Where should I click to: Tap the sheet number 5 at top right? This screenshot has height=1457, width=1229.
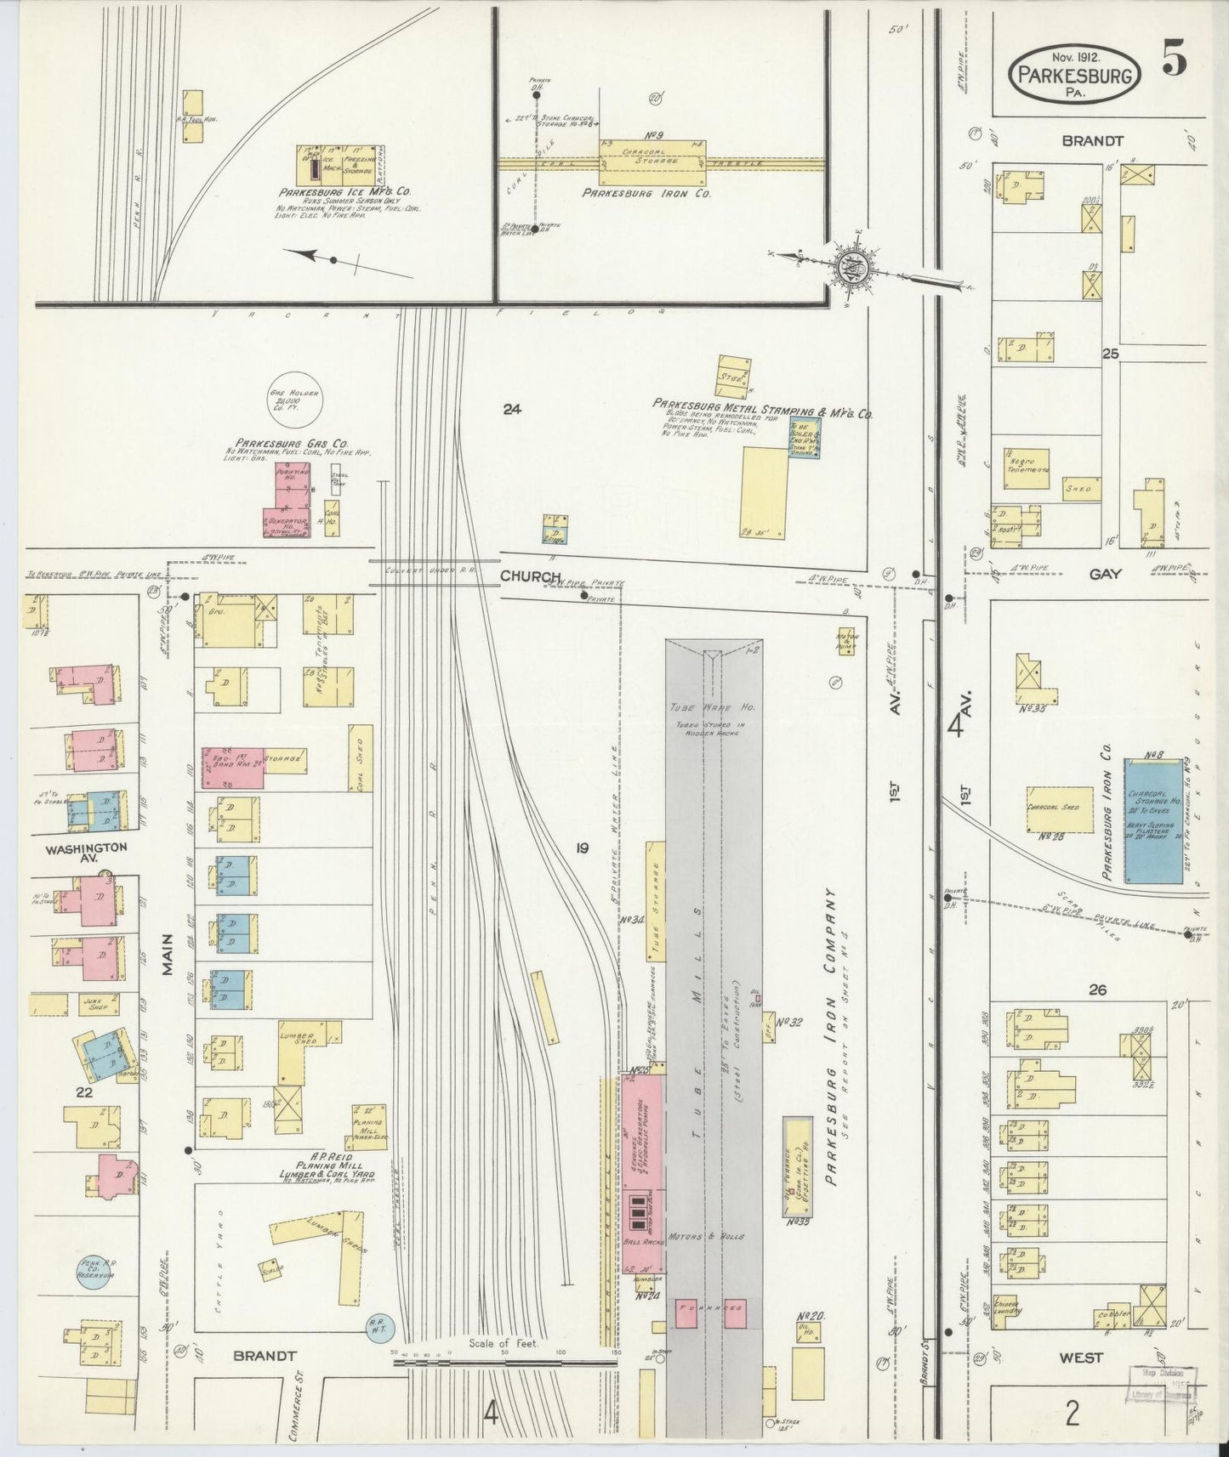(x=1176, y=62)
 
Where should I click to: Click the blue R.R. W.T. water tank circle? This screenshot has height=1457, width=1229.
(x=376, y=1344)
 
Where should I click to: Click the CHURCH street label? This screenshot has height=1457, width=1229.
(x=530, y=576)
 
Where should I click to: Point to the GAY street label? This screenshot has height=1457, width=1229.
(x=1106, y=574)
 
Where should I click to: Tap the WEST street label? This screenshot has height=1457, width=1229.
(x=1081, y=1358)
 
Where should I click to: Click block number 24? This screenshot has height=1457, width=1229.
(x=511, y=409)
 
